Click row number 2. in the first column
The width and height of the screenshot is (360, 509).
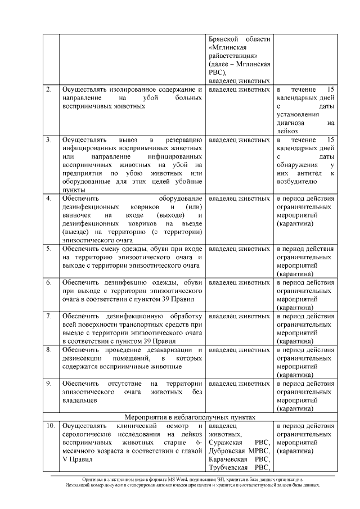coord(49,89)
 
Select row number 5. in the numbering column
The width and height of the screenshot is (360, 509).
coord(49,248)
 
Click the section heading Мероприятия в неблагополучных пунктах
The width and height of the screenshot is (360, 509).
coord(190,417)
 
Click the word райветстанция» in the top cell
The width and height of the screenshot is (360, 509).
coord(233,56)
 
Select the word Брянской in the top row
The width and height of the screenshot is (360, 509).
coord(224,39)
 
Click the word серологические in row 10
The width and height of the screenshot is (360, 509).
coord(88,434)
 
